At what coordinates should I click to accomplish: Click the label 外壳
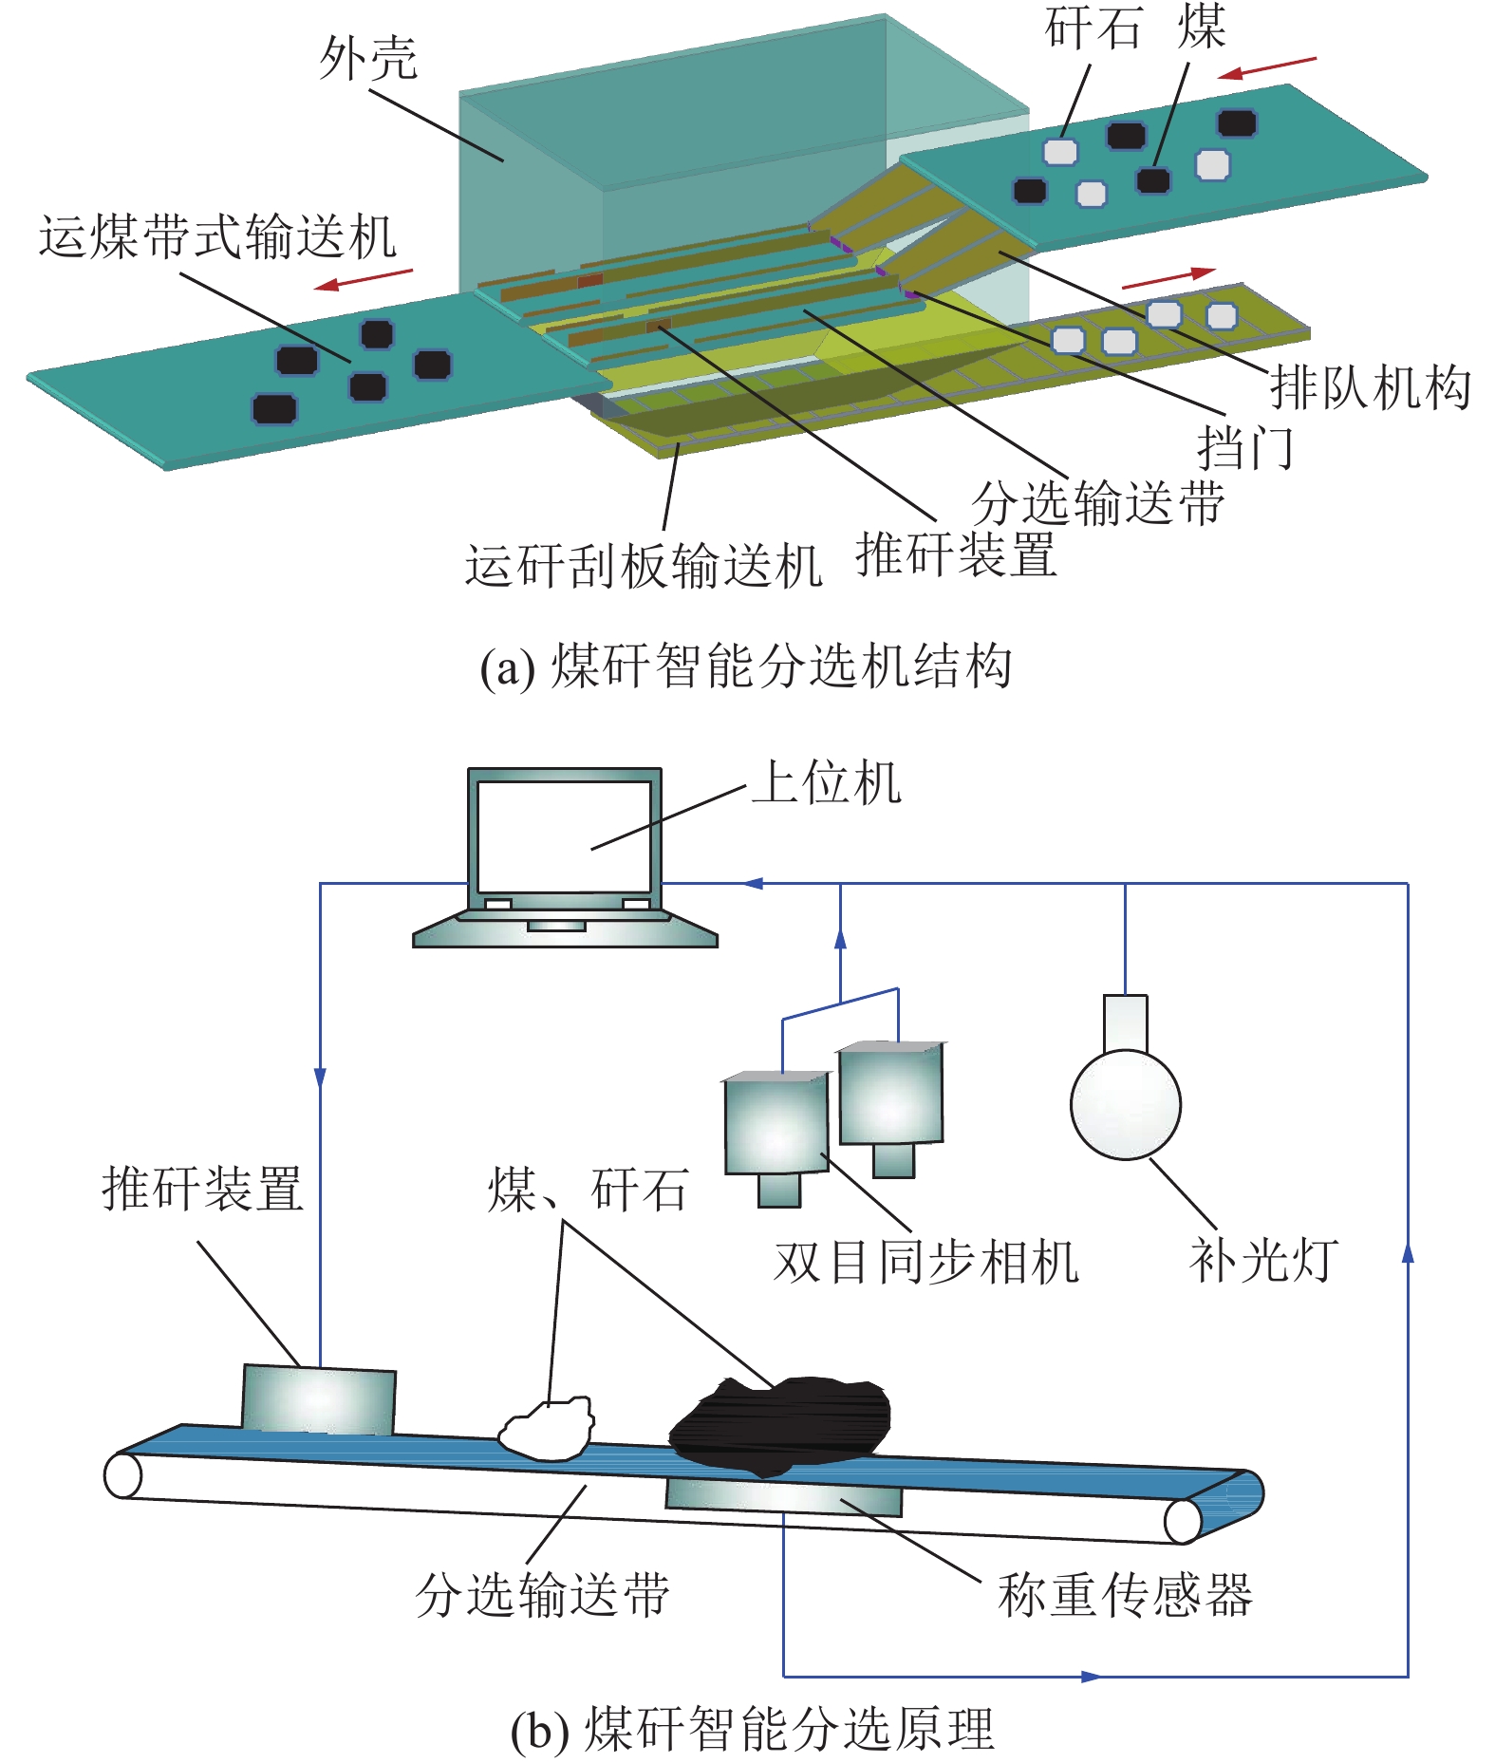pos(368,59)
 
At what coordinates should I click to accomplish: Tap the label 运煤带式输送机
pos(217,236)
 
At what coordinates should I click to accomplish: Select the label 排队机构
pos(1371,387)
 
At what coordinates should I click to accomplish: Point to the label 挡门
pos(1244,446)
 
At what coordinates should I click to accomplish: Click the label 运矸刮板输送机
pos(643,566)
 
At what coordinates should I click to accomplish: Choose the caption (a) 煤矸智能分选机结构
pos(746,666)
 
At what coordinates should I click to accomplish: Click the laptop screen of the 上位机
pos(564,835)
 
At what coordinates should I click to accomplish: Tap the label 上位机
pos(826,783)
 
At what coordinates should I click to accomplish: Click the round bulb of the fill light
pos(1125,1104)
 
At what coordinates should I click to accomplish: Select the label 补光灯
pos(1263,1261)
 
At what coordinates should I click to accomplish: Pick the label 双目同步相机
pos(926,1263)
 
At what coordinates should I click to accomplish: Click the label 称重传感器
pos(1125,1595)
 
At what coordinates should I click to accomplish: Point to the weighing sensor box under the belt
pos(784,1498)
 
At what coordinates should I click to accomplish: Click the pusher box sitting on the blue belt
pos(318,1400)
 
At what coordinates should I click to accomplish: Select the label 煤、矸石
pos(587,1190)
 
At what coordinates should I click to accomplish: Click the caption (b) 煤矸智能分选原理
pos(752,1729)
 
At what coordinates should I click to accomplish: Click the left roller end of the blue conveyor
pos(123,1476)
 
